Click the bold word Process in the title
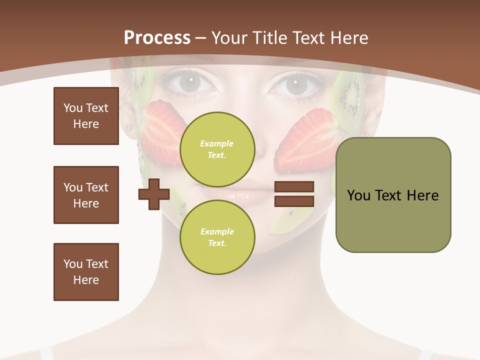[157, 38]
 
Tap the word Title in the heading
[269, 38]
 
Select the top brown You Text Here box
[86, 116]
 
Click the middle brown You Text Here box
[86, 195]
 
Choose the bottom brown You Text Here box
[86, 272]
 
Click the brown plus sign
[154, 194]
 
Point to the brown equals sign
[294, 194]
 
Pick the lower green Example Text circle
[217, 237]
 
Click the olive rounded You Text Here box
[393, 195]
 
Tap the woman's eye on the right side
[295, 84]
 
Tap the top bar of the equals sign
[294, 187]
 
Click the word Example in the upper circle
[217, 143]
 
